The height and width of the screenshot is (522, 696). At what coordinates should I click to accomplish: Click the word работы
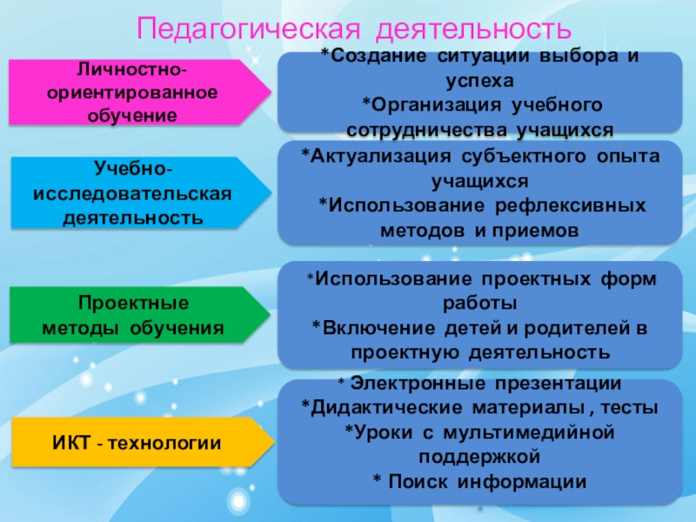pyautogui.click(x=479, y=303)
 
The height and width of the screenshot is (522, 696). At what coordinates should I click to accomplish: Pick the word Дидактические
pyautogui.click(x=382, y=407)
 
